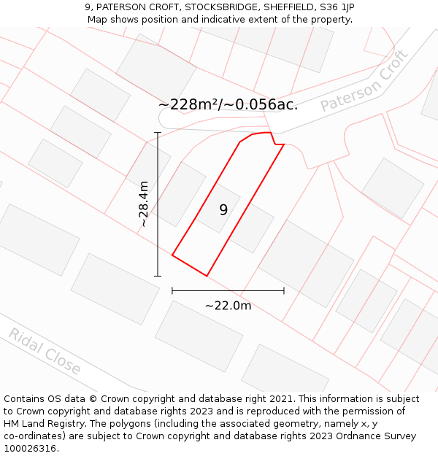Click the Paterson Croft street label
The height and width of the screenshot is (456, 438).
[x=364, y=82]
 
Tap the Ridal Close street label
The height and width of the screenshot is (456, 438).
[x=45, y=352]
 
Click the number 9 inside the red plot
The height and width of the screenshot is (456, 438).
[x=223, y=210]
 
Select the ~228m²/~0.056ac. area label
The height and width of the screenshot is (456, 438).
[x=228, y=104]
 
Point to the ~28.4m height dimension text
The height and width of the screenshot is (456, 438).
[x=144, y=204]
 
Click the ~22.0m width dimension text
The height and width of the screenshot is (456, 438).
[x=228, y=306]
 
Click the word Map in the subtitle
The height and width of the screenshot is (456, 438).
[x=98, y=20]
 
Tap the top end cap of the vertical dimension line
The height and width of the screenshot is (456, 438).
[x=158, y=133]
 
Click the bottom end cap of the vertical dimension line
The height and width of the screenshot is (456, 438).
[x=158, y=276]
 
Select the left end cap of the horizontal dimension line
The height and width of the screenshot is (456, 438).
[x=172, y=290]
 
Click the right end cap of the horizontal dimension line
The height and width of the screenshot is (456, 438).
[x=284, y=290]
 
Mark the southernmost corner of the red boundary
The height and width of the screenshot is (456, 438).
[x=207, y=276]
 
